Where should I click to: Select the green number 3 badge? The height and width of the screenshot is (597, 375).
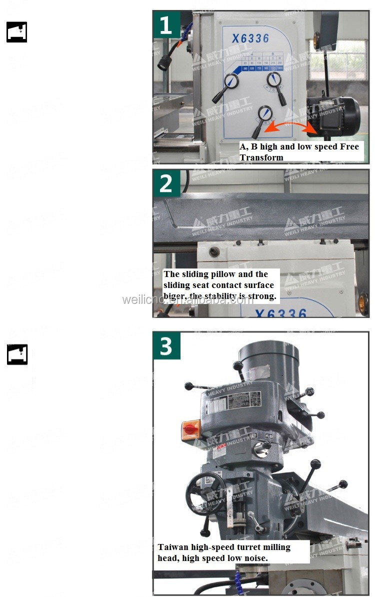(166, 345)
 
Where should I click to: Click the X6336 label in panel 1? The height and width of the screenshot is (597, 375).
(250, 38)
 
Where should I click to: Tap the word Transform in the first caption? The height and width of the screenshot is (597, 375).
(261, 157)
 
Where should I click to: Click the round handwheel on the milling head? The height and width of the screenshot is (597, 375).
(205, 493)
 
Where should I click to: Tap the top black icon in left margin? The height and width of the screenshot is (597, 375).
(16, 32)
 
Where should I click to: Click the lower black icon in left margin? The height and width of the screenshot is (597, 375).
(16, 354)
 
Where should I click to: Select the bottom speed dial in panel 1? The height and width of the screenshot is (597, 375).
(264, 114)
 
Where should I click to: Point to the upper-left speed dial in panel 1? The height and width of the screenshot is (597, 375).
(230, 81)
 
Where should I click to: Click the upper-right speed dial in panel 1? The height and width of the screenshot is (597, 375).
(273, 79)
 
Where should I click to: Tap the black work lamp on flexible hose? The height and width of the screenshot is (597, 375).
(163, 61)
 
